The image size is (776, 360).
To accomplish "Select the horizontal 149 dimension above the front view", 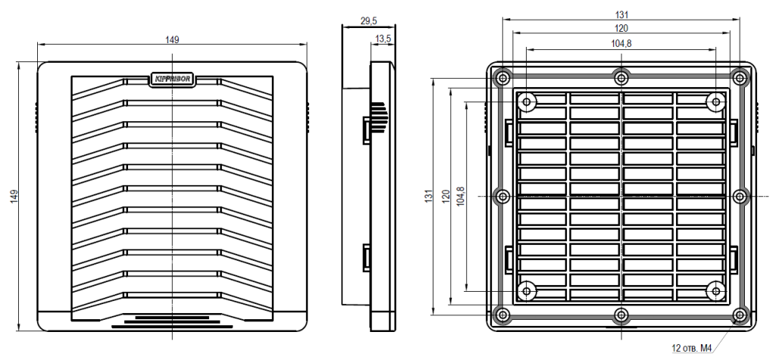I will point(173,40).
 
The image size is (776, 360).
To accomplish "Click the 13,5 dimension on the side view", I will point(383,37).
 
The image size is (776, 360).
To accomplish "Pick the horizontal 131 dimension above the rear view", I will point(621,14).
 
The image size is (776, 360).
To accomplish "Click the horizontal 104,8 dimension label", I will point(621,44).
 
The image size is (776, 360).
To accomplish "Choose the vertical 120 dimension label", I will point(445,196).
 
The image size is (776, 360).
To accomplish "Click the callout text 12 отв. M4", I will point(692,349).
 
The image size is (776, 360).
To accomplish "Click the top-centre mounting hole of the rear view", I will point(621,77).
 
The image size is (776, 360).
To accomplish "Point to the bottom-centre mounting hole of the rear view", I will point(621,315).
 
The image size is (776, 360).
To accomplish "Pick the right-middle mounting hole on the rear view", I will point(740,196).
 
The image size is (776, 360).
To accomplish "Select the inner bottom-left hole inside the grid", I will point(527,290).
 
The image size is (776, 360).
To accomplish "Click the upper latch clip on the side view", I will point(366,130).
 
